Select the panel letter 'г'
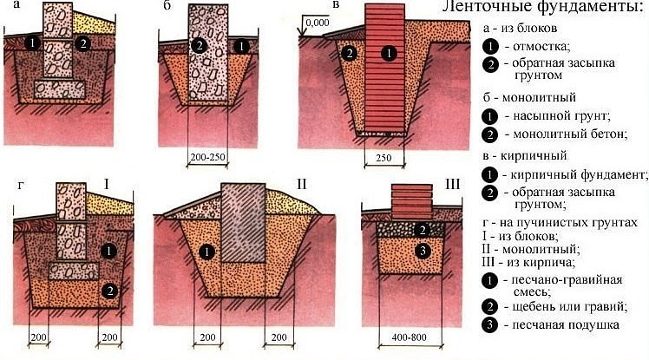coord(19,184)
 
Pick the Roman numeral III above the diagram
coord(452,184)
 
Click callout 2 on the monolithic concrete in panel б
coord(199,45)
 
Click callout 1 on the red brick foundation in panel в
coord(390,53)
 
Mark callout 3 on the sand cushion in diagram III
coord(422,252)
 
